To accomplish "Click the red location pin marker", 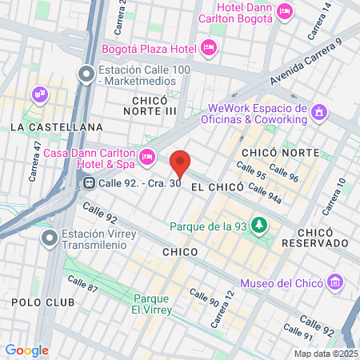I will pyautogui.click(x=181, y=163).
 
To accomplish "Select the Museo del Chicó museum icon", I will pyautogui.click(x=335, y=282).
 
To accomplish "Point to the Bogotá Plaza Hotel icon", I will pyautogui.click(x=209, y=49).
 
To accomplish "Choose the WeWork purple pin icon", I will pyautogui.click(x=319, y=112).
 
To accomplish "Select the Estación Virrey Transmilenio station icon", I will pyautogui.click(x=50, y=237).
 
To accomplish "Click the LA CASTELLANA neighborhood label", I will pyautogui.click(x=57, y=127).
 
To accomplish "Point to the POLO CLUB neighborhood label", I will pyautogui.click(x=43, y=302).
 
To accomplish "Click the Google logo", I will pyautogui.click(x=26, y=350).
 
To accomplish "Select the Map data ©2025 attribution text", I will pyautogui.click(x=325, y=353).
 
